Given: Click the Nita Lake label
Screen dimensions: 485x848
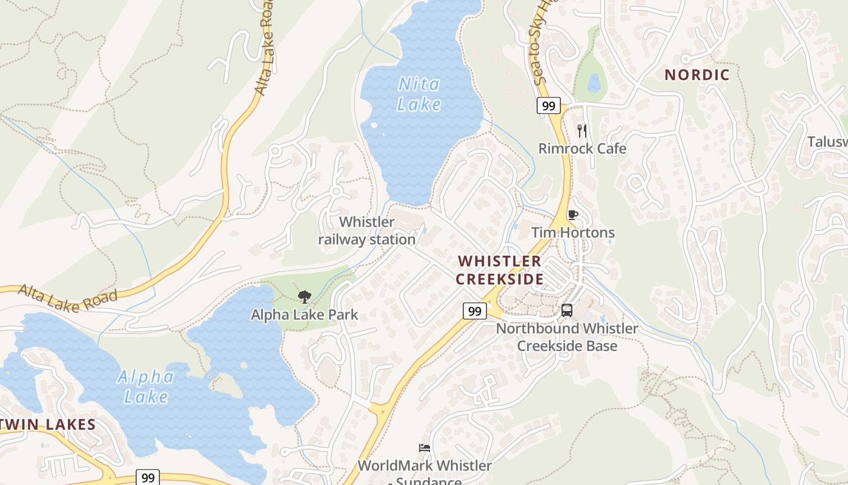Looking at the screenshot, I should (419, 94).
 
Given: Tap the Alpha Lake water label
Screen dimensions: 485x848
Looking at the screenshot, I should (145, 387).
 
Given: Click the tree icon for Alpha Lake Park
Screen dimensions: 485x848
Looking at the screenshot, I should (305, 296).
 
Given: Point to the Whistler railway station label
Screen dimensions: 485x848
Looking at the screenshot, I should (367, 231).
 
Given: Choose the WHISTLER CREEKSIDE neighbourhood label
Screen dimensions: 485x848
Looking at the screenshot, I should (500, 270).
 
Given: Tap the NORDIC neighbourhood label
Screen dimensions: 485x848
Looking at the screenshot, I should (697, 75).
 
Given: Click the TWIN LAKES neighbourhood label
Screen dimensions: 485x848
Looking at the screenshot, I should (47, 424).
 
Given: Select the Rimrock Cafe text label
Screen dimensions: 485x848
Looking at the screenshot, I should (582, 149).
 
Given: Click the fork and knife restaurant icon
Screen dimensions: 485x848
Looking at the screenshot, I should (582, 130).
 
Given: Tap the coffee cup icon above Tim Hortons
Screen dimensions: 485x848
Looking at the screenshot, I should (572, 215).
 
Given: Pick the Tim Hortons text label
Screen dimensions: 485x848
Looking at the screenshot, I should (572, 233).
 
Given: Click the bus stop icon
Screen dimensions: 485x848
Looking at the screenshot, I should (567, 310).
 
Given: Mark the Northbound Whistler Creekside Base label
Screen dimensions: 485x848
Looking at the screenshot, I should (567, 337).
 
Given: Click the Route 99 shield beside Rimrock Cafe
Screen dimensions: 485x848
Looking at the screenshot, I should (548, 105).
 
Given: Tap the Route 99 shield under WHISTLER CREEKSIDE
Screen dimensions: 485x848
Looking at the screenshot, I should (475, 311).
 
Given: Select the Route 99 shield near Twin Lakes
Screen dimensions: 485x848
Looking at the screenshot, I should (148, 477).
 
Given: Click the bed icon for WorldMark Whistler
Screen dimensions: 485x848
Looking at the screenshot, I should (425, 448).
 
